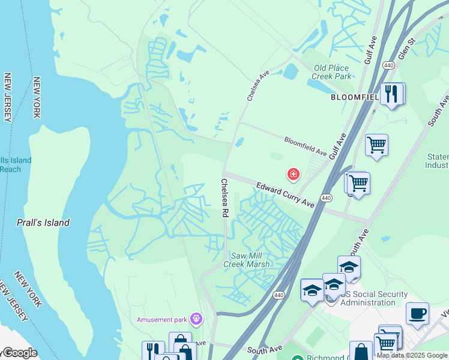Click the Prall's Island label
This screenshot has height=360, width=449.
[x=43, y=223]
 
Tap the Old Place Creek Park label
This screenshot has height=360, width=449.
[x=332, y=72]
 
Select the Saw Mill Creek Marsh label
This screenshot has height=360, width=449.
[x=247, y=260]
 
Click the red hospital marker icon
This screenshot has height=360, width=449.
[x=294, y=175]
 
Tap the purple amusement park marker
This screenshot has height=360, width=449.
[x=196, y=317]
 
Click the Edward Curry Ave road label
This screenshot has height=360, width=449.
[x=285, y=195]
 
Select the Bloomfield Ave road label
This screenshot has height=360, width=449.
[x=305, y=146]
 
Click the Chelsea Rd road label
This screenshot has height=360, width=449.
[x=224, y=198]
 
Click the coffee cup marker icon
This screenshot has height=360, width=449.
[x=417, y=313]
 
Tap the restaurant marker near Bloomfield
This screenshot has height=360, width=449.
[x=391, y=94]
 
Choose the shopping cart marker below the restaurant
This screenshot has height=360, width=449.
[x=376, y=145]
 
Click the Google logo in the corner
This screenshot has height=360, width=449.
[x=19, y=353]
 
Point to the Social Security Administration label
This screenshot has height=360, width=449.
[x=374, y=298]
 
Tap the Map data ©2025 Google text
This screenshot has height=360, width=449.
[x=412, y=355]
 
